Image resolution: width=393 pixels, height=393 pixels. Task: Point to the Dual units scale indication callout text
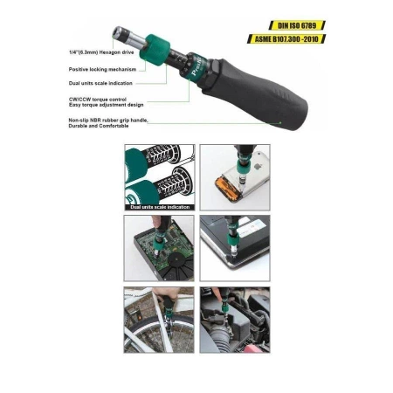pos(100,83)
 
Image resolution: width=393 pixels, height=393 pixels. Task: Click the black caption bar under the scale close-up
pos(159,207)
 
